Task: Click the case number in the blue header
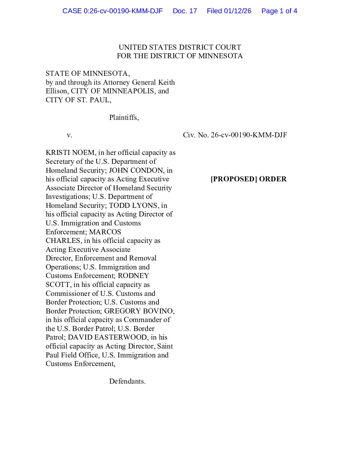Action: [112, 11]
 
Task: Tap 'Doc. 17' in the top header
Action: [185, 11]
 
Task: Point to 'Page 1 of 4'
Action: [279, 11]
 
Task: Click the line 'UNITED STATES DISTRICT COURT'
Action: [180, 47]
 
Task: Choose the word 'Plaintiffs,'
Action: [124, 117]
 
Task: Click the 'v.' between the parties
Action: [69, 135]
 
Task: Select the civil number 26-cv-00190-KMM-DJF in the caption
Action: [249, 135]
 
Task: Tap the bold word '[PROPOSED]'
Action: [234, 179]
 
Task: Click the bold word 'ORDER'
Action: [273, 179]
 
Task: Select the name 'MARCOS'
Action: [105, 232]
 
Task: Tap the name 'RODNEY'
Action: [133, 276]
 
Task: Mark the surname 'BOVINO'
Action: [156, 311]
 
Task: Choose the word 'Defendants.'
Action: [127, 381]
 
